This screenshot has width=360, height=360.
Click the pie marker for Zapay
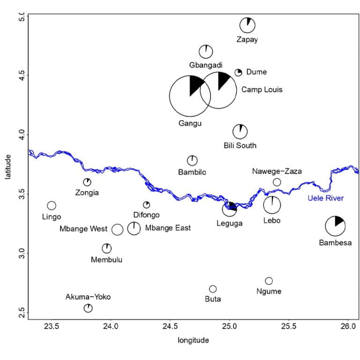pos(247,25)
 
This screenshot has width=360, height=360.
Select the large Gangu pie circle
pos(189,96)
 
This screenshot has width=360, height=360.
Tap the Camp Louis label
pos(262,89)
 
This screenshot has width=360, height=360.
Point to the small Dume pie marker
pos(238,72)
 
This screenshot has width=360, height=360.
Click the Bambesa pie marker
pos(335,226)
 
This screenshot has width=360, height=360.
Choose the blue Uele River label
pos(326,198)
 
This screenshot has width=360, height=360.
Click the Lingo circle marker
pos(52,206)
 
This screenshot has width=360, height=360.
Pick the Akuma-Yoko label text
pos(88,297)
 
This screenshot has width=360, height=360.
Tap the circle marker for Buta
pos(213,289)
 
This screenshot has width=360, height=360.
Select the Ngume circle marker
pos(269,281)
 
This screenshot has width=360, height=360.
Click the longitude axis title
pos(193,340)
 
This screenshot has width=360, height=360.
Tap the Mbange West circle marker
pos(117,229)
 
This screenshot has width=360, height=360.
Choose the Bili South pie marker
pos(240,132)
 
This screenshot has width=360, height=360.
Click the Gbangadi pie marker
pos(206,52)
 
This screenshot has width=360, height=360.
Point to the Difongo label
pos(146,215)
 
